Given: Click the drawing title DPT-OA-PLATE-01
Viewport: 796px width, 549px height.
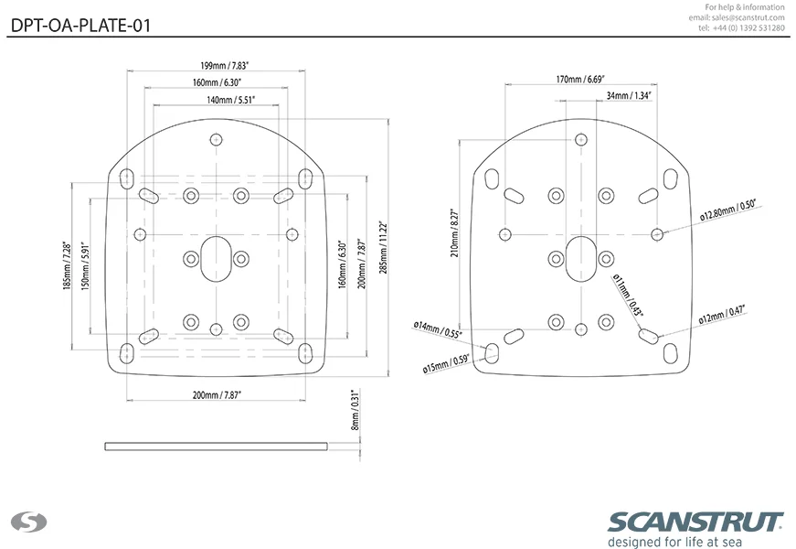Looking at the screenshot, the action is pyautogui.click(x=80, y=26).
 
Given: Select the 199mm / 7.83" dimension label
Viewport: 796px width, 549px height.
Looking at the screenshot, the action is pyautogui.click(x=225, y=66).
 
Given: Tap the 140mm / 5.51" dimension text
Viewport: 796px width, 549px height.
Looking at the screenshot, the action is pyautogui.click(x=230, y=100).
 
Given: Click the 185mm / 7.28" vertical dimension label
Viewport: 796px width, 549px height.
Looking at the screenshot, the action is pyautogui.click(x=67, y=266).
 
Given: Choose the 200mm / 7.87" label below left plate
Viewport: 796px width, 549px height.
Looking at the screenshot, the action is pyautogui.click(x=217, y=395).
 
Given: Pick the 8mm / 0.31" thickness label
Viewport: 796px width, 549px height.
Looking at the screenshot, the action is pyautogui.click(x=356, y=410).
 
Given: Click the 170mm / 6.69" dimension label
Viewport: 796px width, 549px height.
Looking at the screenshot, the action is pyautogui.click(x=580, y=80).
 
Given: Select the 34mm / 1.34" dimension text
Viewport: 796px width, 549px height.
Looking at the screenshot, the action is pyautogui.click(x=629, y=95).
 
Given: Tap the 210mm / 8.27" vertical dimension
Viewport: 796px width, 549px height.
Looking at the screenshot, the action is pyautogui.click(x=454, y=232).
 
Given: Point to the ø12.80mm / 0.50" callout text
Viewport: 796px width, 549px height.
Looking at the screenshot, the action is pyautogui.click(x=728, y=210).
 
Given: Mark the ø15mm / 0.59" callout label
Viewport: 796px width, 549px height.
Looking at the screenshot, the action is pyautogui.click(x=446, y=363).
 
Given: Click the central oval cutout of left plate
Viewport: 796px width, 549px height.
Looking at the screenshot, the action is pyautogui.click(x=217, y=259).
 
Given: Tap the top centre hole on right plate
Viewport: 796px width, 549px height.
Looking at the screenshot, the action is pyautogui.click(x=580, y=140).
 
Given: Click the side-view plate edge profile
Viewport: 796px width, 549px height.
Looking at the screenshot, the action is pyautogui.click(x=217, y=447).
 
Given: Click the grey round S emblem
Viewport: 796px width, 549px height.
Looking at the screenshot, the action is pyautogui.click(x=29, y=522).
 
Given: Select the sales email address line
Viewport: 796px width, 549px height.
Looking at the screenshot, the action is pyautogui.click(x=737, y=17).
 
